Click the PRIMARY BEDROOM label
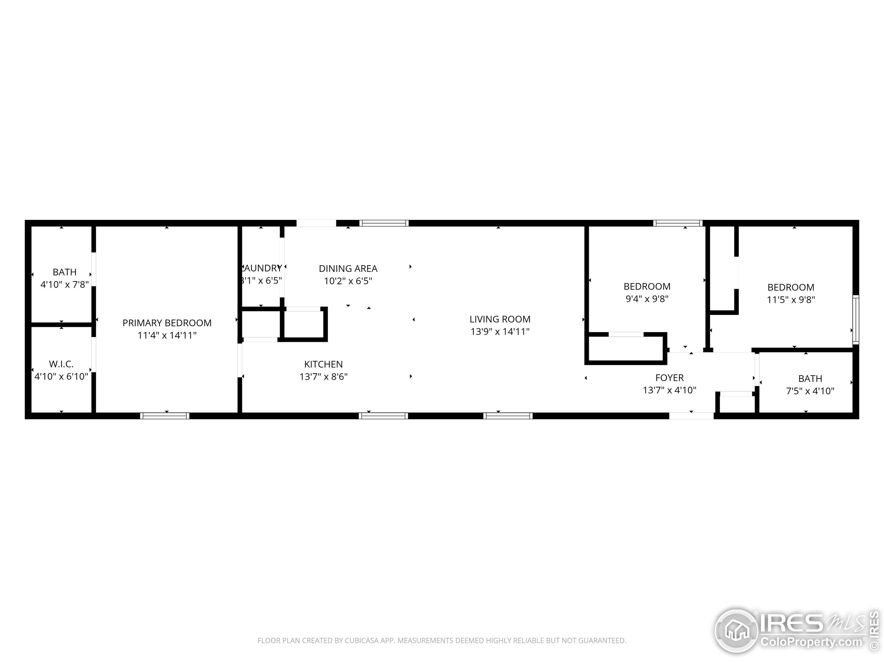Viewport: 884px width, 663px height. click(x=167, y=323)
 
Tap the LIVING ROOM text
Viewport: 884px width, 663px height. click(x=500, y=319)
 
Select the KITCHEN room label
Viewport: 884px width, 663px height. click(x=323, y=364)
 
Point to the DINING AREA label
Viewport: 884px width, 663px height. click(x=348, y=269)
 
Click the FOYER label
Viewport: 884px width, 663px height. click(x=670, y=378)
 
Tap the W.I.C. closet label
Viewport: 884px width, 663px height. click(x=61, y=364)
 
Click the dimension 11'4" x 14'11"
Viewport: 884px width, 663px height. click(x=167, y=335)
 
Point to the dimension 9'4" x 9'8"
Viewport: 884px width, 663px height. click(x=647, y=299)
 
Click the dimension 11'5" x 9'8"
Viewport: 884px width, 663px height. click(x=790, y=300)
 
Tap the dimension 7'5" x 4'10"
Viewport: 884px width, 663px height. click(x=810, y=391)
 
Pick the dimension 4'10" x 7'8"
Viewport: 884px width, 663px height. click(x=64, y=285)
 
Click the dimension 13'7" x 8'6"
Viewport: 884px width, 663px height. click(x=323, y=376)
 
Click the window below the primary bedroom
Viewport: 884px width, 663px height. click(x=165, y=416)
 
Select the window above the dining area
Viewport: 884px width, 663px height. click(x=384, y=223)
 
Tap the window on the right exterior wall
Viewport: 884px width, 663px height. click(x=856, y=320)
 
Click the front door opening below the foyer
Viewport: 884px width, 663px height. click(x=691, y=416)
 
